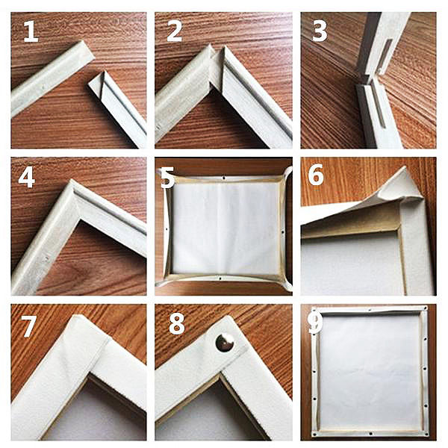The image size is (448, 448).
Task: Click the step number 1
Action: click(x=31, y=31)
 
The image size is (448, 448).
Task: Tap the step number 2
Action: click(x=174, y=31)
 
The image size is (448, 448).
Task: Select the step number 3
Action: click(x=320, y=31)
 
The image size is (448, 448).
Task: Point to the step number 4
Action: click(x=27, y=178)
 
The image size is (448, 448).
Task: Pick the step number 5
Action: click(x=167, y=178)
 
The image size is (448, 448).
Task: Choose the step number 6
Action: click(x=315, y=175)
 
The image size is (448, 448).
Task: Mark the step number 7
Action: click(x=28, y=326)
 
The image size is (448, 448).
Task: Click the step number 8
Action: click(x=176, y=324)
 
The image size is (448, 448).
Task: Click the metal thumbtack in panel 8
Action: click(x=225, y=342)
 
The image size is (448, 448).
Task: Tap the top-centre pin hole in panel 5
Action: click(x=223, y=178)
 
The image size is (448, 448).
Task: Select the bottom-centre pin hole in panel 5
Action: click(x=220, y=278)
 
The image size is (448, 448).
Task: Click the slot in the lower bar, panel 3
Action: click(x=378, y=107)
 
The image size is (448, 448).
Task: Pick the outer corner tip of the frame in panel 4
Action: click(x=71, y=180)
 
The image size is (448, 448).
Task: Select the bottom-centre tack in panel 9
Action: click(x=370, y=433)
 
